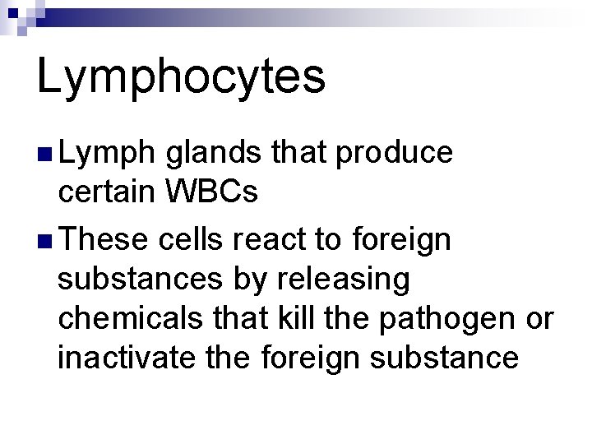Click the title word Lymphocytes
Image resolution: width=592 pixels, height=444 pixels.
click(181, 76)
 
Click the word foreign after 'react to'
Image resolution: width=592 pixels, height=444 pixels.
click(401, 241)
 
